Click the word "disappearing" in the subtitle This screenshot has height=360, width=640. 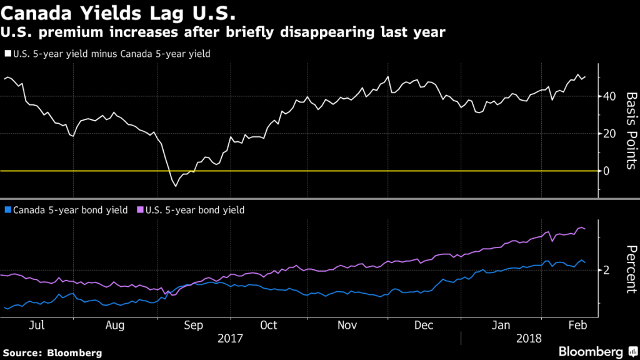click(310, 33)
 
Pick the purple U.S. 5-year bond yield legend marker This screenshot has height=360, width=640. click(141, 211)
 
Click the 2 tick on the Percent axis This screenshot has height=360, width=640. click(606, 270)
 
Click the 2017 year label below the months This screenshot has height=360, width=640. click(231, 338)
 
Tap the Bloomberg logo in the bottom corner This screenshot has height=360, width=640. click(590, 351)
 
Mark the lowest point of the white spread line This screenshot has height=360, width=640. click(176, 186)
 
